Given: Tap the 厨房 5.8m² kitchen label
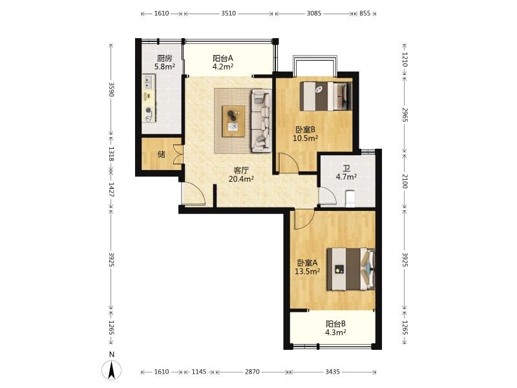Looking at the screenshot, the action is tap(165, 62).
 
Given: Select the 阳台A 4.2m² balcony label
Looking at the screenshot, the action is tap(223, 62).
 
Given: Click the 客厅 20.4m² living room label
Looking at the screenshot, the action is tap(241, 175).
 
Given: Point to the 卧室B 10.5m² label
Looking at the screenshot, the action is tap(305, 134).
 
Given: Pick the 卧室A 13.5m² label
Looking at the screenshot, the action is tap(308, 267).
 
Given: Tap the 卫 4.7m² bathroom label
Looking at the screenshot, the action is tap(346, 173).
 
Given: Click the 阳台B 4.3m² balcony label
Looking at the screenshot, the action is tap(335, 328).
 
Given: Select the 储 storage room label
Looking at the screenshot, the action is tap(161, 154).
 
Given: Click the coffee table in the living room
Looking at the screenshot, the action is tap(233, 121).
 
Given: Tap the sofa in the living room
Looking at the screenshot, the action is tap(262, 121).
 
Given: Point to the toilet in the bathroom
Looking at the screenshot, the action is tap(349, 199).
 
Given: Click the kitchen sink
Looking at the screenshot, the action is tap(149, 81).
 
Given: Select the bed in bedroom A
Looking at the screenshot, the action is tap(351, 269).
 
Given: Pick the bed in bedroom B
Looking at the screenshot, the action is tap(326, 96).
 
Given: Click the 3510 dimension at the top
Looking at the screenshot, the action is tap(229, 14).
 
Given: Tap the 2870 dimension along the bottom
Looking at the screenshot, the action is tap(252, 372).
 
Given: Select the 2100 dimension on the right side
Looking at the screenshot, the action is tap(405, 181).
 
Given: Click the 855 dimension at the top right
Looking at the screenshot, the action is tap(364, 14).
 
